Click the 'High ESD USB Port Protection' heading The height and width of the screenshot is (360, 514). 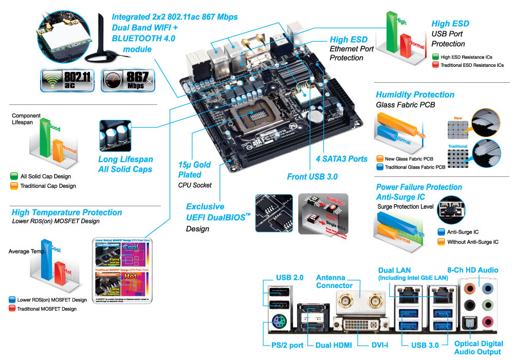[450, 33]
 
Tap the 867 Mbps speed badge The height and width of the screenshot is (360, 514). [127, 80]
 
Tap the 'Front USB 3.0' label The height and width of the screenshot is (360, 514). [312, 177]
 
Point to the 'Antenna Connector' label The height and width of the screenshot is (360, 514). [334, 281]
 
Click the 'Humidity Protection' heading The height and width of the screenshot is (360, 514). [415, 95]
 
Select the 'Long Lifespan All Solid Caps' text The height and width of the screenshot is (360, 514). [125, 164]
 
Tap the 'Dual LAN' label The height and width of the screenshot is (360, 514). [394, 270]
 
